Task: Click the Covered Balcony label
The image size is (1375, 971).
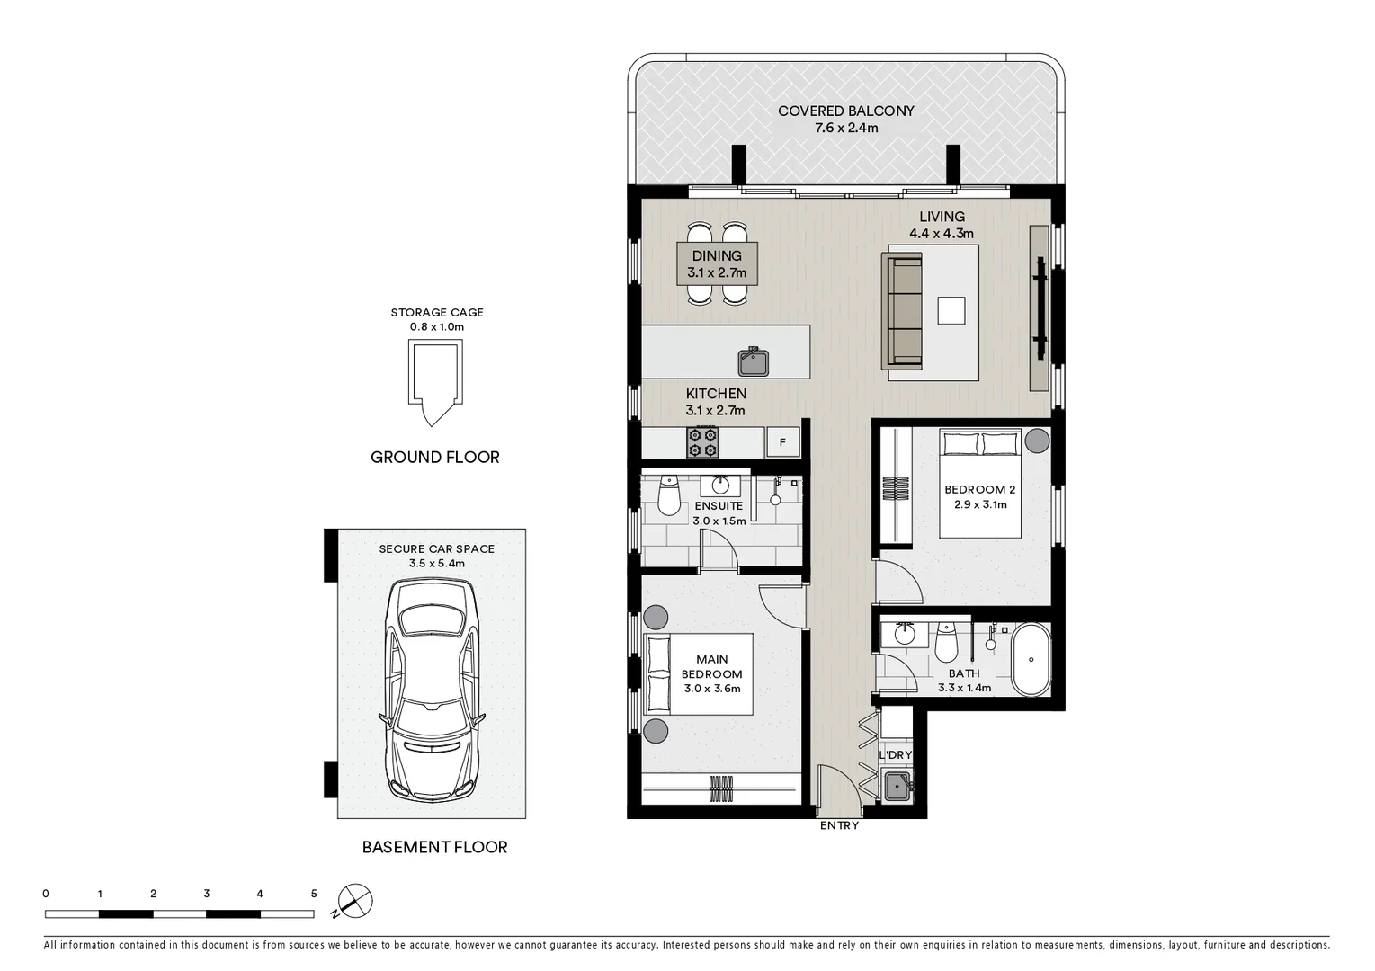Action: pyautogui.click(x=845, y=111)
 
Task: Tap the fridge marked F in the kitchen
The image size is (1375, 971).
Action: pyautogui.click(x=782, y=442)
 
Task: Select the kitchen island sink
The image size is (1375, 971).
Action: pyautogui.click(x=754, y=362)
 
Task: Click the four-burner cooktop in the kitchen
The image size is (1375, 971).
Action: pyautogui.click(x=702, y=442)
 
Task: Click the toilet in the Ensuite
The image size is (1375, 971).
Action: pyautogui.click(x=668, y=495)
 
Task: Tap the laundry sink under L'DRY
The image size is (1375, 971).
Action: pyautogui.click(x=897, y=787)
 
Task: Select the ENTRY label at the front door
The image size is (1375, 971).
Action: pyautogui.click(x=839, y=825)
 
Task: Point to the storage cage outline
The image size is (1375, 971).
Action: pyautogui.click(x=434, y=381)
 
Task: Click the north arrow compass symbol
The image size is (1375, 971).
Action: pyautogui.click(x=355, y=901)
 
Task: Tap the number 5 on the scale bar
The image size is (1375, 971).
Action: pyautogui.click(x=314, y=894)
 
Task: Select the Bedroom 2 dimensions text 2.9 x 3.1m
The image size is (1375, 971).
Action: pyautogui.click(x=980, y=504)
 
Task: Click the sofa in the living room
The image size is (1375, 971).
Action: pyautogui.click(x=904, y=311)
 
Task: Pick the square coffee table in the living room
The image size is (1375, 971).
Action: pyautogui.click(x=951, y=310)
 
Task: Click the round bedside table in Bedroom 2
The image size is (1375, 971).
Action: pyautogui.click(x=1037, y=441)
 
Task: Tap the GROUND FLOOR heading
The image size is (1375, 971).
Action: pyautogui.click(x=434, y=457)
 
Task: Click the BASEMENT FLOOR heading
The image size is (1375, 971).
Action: pyautogui.click(x=434, y=847)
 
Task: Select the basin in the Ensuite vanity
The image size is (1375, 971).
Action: pyautogui.click(x=720, y=485)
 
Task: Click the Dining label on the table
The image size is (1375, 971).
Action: pyautogui.click(x=717, y=256)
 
